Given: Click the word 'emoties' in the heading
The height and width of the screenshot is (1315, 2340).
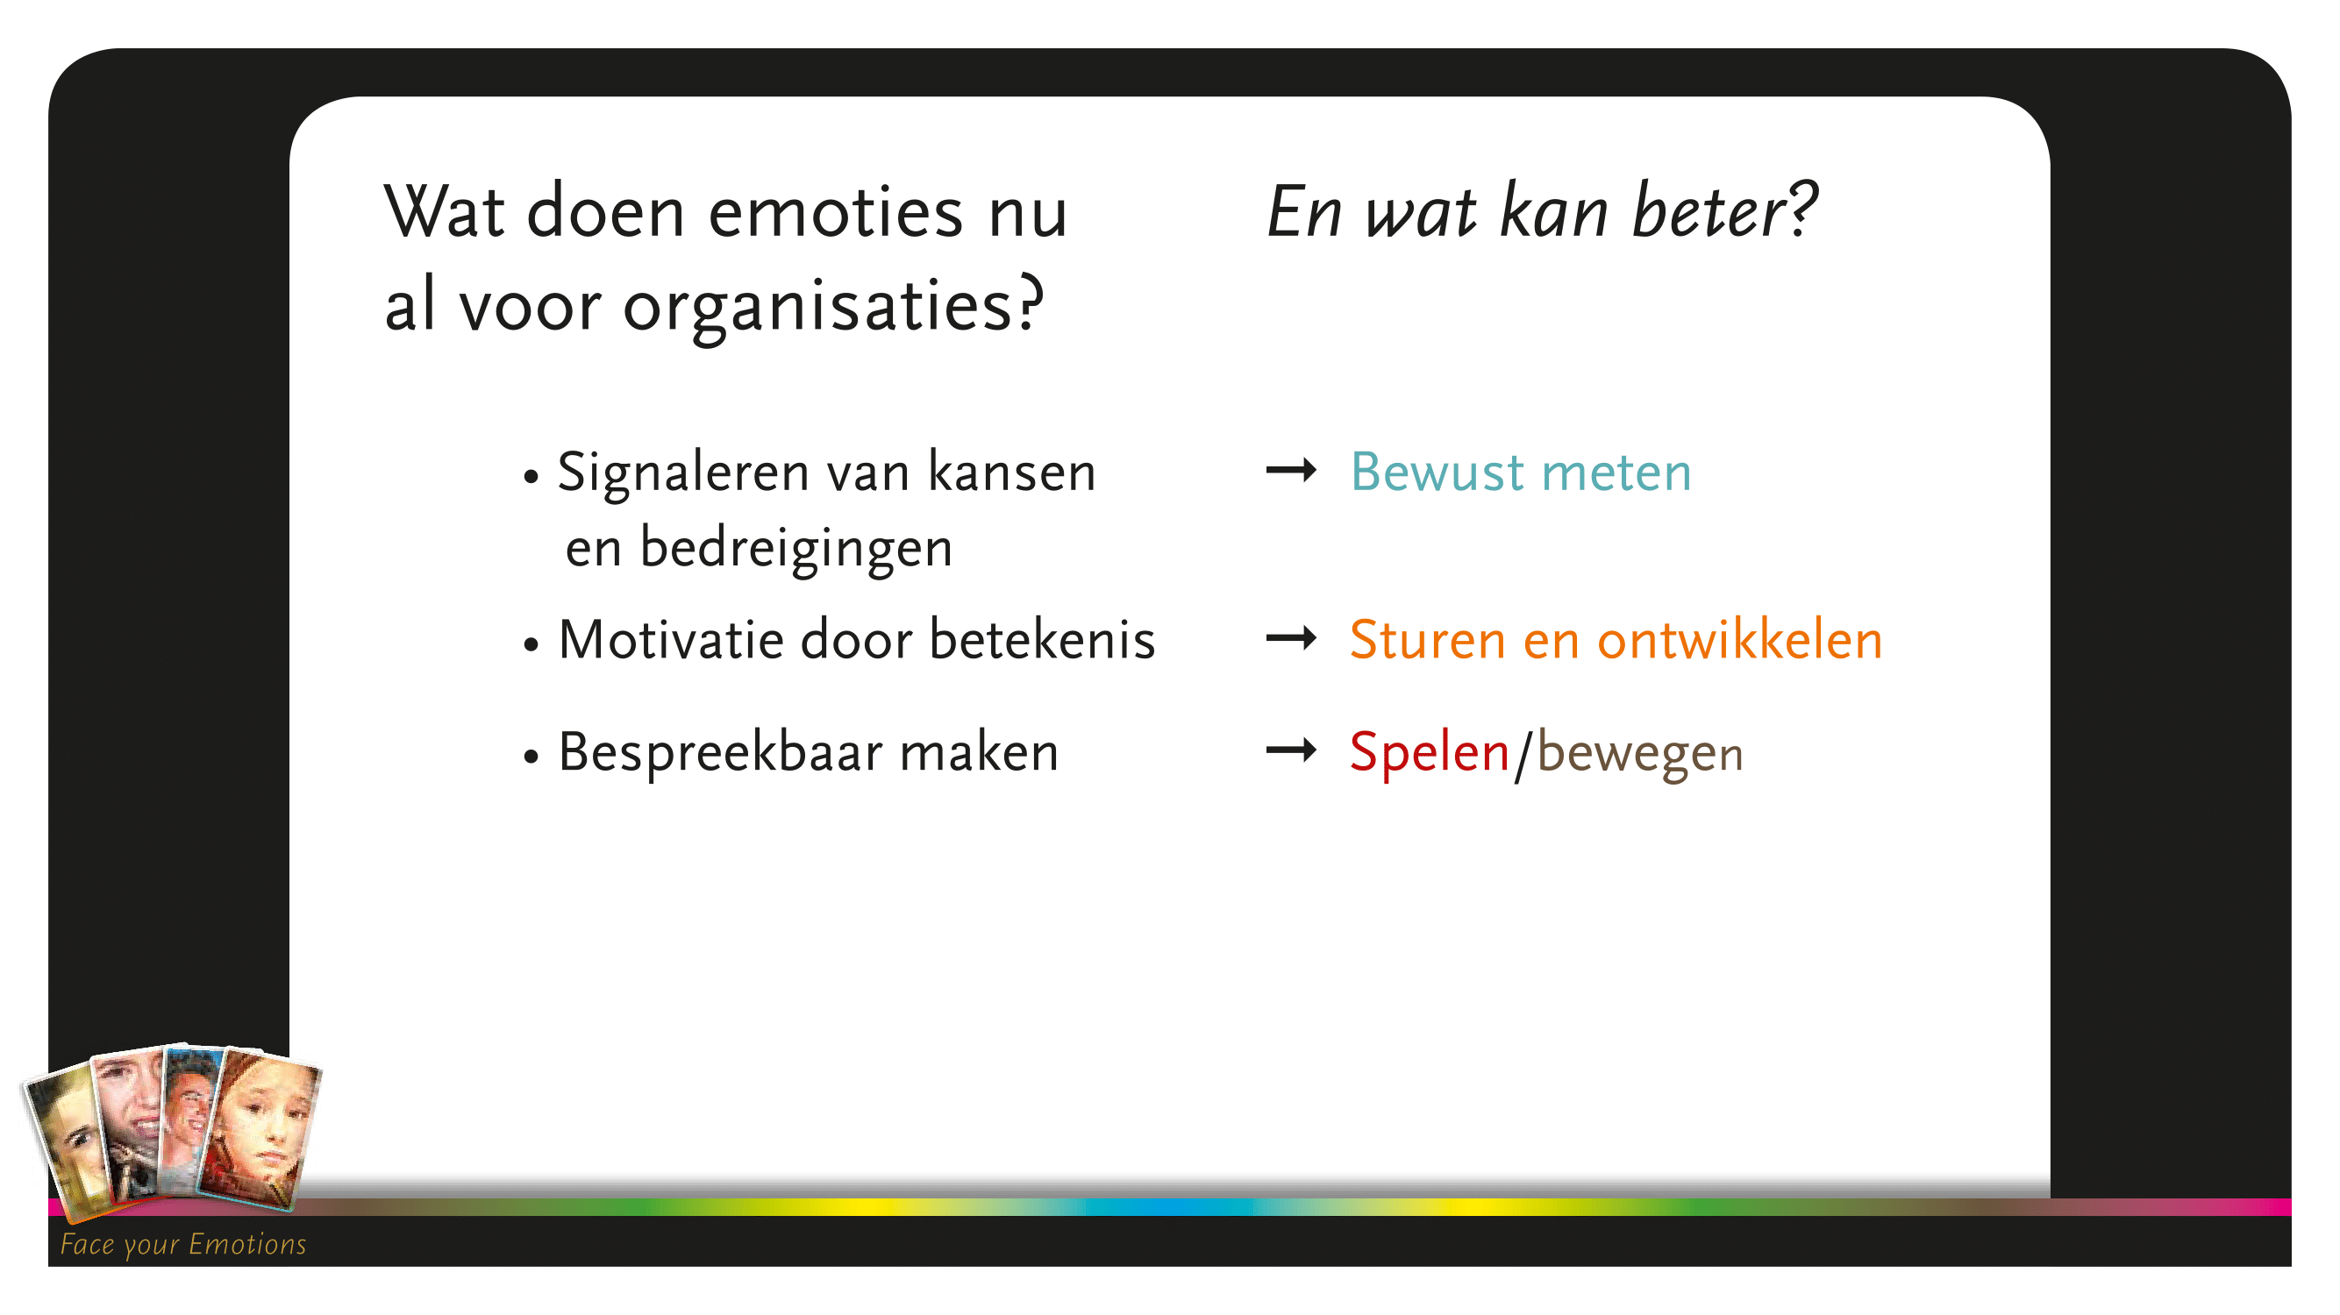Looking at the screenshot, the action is tap(835, 212).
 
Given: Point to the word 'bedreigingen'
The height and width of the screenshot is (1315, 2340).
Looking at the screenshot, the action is tap(795, 550).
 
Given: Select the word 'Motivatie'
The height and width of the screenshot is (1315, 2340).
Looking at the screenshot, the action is tap(672, 639).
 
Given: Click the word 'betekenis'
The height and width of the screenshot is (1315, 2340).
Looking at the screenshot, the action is tap(1042, 639).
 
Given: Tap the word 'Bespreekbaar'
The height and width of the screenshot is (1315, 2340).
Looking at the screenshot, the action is tap(721, 754).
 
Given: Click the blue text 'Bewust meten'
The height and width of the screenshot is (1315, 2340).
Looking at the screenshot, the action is tap(1521, 473).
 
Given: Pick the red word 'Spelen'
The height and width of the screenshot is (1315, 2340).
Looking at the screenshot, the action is tap(1430, 753).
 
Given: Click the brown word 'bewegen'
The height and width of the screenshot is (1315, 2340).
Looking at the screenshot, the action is tap(1639, 754).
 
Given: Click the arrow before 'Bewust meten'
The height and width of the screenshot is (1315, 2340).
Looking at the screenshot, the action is tap(1291, 471).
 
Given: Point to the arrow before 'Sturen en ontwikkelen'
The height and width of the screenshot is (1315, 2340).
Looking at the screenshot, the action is tap(1291, 638).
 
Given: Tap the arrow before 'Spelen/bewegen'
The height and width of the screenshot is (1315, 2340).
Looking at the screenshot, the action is tap(1291, 750).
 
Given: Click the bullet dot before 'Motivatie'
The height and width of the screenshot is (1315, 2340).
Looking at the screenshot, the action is tap(531, 644).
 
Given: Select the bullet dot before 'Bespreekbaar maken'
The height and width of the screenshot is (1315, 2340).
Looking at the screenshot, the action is tap(531, 756).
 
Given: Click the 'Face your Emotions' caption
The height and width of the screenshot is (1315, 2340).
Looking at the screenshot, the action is tap(183, 1245).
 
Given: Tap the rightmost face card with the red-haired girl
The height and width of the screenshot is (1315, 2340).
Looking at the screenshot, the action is tap(260, 1130).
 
